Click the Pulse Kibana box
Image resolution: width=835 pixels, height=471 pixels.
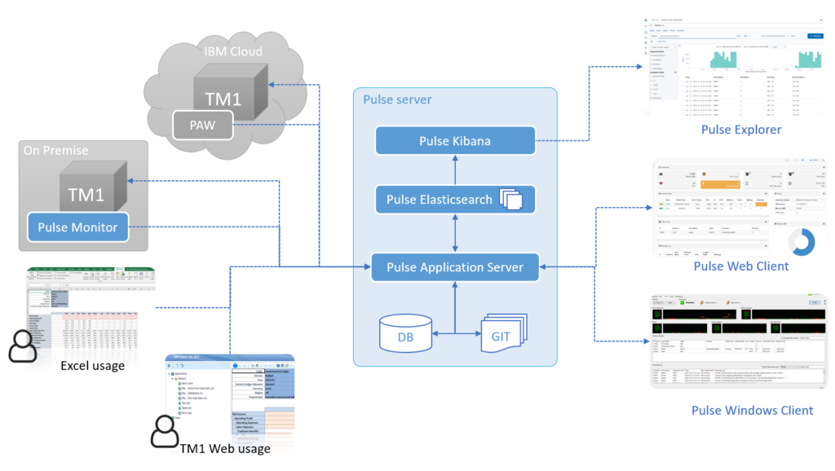(x=455, y=141)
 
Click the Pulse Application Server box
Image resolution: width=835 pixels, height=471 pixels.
(x=455, y=267)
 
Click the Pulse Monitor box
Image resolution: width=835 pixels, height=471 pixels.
(x=78, y=227)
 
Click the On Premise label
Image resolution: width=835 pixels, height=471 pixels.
(x=56, y=151)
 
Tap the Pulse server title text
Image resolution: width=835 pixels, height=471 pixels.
(x=399, y=99)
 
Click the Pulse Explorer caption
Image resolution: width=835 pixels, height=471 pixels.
(x=740, y=130)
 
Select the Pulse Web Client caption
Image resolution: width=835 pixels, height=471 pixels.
(x=740, y=266)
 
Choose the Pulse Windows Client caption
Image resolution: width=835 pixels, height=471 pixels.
(x=740, y=410)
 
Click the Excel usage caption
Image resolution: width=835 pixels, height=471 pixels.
(x=92, y=366)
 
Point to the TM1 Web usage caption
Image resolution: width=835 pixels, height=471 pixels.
(x=225, y=448)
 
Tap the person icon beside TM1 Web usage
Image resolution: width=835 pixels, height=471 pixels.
(x=165, y=431)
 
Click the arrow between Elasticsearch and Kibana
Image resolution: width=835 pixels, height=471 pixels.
(x=455, y=170)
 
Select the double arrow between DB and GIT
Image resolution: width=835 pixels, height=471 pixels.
(x=453, y=332)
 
